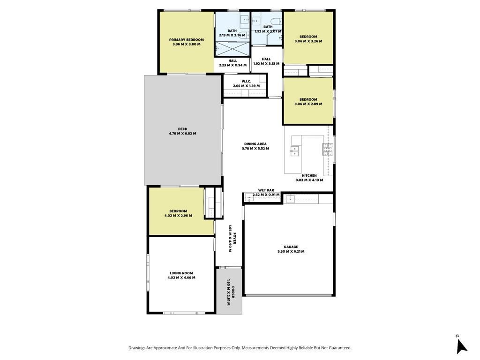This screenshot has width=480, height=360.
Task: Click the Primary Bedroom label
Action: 187,40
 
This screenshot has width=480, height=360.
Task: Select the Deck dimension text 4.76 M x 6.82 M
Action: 182,134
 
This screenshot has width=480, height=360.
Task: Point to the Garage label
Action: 291,247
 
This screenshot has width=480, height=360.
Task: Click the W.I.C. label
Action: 247,82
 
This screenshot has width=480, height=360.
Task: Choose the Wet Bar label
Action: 266,190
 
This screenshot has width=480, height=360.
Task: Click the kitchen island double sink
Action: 294,151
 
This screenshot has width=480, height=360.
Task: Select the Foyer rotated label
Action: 235,239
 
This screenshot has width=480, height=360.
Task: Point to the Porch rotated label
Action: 233,292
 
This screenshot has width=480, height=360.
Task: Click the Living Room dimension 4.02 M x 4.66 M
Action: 181,277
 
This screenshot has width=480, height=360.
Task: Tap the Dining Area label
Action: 255,144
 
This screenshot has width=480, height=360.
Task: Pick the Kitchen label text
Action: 309,176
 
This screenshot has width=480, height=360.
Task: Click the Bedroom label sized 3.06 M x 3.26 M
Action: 308,37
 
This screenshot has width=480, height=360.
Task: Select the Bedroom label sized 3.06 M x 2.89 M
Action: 308,99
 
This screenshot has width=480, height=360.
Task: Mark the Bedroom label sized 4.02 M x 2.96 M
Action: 178,211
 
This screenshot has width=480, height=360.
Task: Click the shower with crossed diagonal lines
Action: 232,49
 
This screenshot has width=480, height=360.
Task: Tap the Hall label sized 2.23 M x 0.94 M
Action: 232,61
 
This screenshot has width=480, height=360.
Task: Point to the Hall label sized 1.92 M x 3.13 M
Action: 266,59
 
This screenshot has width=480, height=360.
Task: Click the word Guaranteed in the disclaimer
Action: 340,348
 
